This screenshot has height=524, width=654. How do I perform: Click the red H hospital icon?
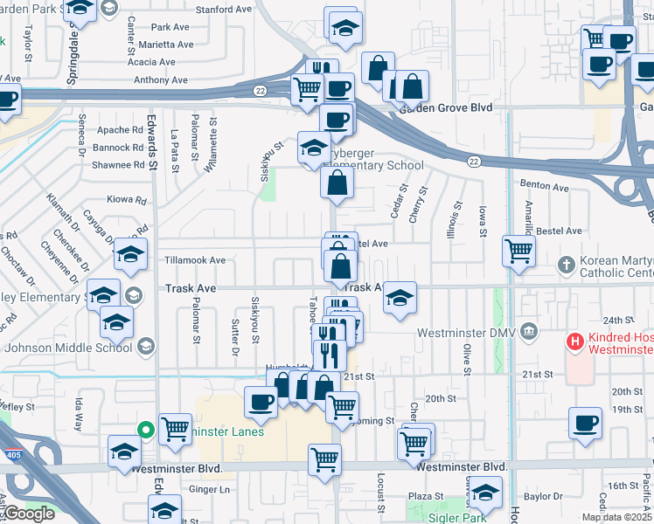click(575, 340)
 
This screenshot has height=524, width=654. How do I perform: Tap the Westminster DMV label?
click(468, 332)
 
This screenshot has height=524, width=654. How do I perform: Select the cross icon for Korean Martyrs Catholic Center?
click(567, 264)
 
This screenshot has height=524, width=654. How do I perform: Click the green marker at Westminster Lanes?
click(146, 430)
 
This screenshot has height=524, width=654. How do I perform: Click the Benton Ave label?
click(544, 186)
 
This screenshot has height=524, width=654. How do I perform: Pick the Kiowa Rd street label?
click(126, 200)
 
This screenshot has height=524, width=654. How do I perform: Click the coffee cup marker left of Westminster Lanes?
click(261, 403)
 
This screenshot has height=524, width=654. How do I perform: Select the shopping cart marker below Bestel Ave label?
click(519, 252)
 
